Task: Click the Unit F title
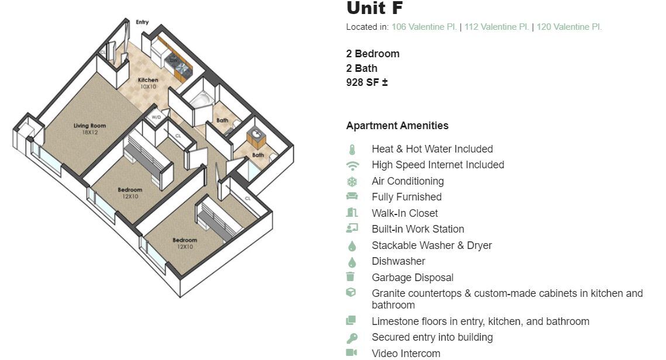click(x=374, y=8)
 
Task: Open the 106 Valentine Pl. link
click(x=424, y=27)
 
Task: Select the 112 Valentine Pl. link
click(x=496, y=27)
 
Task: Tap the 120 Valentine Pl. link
click(x=569, y=27)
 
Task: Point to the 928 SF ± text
click(x=367, y=82)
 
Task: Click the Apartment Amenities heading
click(x=397, y=126)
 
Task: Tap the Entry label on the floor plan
click(x=142, y=22)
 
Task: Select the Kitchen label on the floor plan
click(x=148, y=80)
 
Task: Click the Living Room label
click(x=89, y=126)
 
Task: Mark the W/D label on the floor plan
click(x=156, y=117)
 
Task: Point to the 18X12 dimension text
click(x=89, y=133)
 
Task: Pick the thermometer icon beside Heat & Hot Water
click(x=351, y=150)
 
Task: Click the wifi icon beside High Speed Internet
click(x=351, y=165)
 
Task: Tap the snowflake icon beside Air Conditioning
click(x=351, y=182)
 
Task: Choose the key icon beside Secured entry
click(x=351, y=338)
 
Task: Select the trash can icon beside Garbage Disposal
click(x=351, y=278)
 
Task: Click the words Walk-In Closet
click(x=405, y=213)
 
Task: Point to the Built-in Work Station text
click(x=417, y=229)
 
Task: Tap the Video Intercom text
click(x=406, y=353)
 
